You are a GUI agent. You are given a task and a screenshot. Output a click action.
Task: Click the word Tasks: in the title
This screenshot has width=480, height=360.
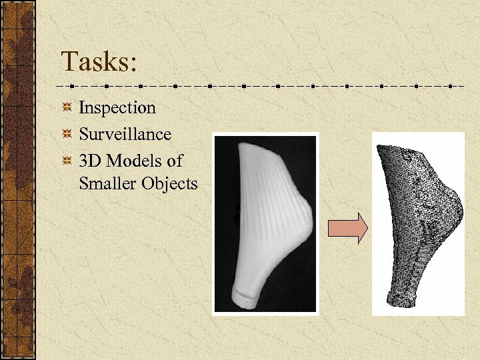[99, 62]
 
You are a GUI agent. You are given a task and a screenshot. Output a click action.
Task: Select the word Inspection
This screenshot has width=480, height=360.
[117, 107]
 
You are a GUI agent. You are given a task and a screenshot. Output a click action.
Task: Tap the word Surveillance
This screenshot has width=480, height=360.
[125, 134]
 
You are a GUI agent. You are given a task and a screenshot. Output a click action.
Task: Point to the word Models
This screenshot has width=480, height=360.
[135, 161]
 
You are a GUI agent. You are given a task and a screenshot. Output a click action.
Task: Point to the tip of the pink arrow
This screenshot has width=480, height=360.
[366, 228]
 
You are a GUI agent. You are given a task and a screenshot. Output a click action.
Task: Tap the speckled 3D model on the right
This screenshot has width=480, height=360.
[420, 213]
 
